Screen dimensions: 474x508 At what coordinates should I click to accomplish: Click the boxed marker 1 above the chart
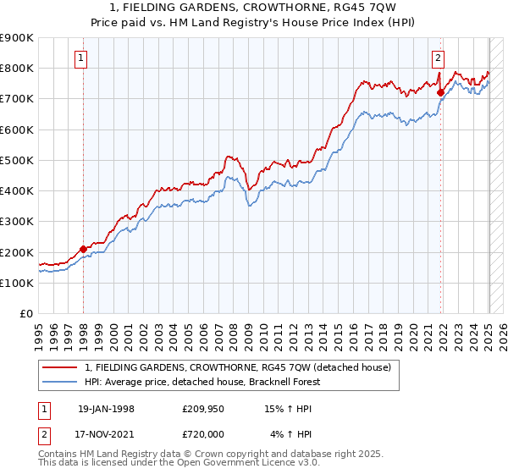coord(80,58)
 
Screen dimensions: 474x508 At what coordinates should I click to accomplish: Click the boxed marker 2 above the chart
coord(438,58)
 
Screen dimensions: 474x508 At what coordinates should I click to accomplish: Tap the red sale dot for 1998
coord(83,249)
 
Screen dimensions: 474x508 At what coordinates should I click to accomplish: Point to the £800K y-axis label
coord(17,69)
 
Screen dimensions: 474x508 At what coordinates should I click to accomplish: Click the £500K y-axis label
coord(17,161)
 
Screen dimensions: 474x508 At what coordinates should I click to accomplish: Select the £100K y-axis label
coord(17,284)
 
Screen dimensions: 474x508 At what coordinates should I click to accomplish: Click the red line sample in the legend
coord(61,367)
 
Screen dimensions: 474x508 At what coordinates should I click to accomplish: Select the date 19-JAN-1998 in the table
coord(106,408)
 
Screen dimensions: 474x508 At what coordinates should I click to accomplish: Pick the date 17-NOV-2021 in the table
coord(106,434)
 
